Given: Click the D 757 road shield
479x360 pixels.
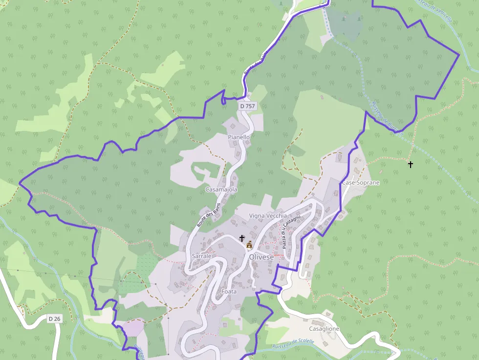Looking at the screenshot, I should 247,106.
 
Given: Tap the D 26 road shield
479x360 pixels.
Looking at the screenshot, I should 55,319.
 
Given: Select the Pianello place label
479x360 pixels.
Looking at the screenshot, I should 239,137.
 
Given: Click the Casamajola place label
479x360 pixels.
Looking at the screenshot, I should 221,189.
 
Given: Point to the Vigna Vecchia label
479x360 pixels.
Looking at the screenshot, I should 268,215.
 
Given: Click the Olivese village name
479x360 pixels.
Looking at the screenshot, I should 261,257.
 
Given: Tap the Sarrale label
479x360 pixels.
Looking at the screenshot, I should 201,256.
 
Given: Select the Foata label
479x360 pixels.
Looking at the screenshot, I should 229,291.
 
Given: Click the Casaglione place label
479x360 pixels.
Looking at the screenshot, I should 324,329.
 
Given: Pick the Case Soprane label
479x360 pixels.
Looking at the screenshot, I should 361,182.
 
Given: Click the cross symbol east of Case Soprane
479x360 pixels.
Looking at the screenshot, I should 411,165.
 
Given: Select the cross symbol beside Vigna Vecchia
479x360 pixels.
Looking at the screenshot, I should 241,238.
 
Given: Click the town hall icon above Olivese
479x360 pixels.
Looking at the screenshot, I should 249,244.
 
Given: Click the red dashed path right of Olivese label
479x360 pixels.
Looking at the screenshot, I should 278,255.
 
